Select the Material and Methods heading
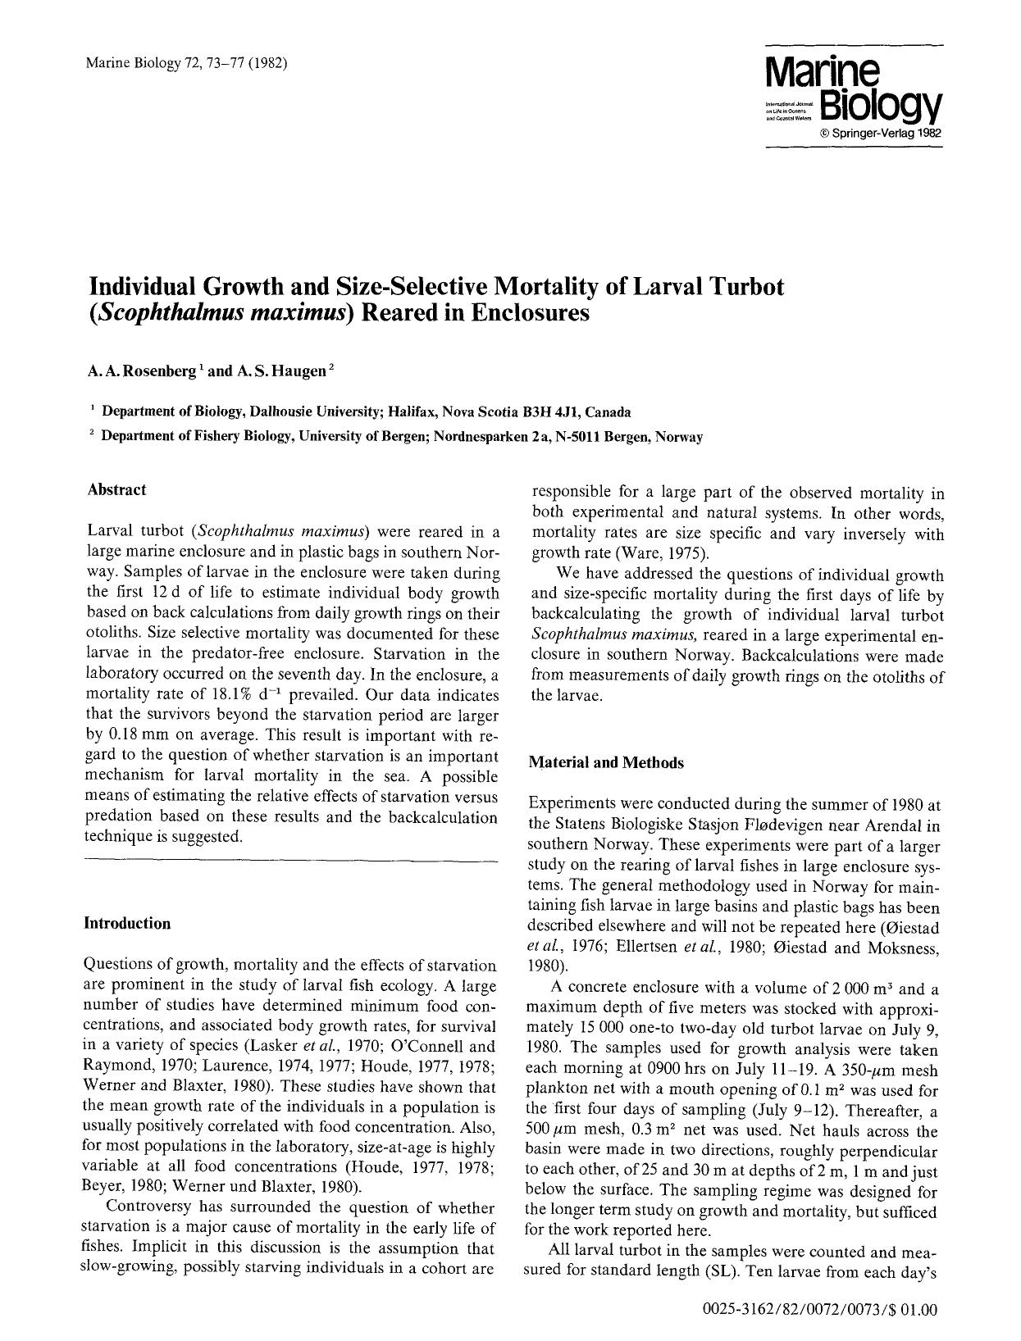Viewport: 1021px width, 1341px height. (606, 762)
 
